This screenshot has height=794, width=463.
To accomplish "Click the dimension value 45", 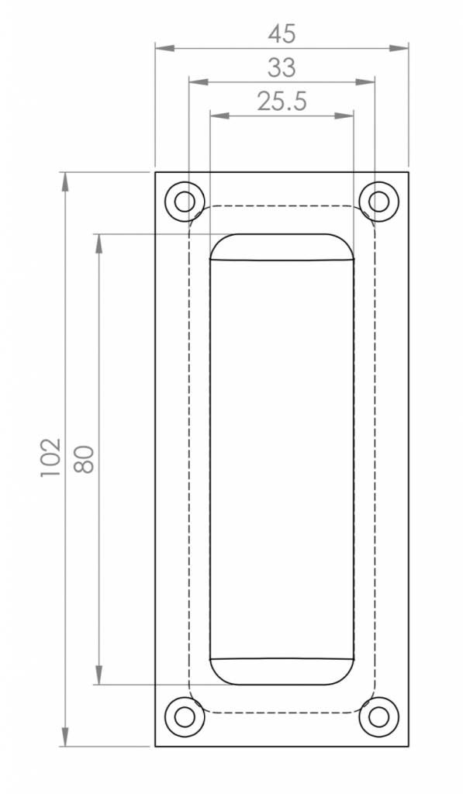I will click(282, 34).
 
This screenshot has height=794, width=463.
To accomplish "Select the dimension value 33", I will click(282, 68).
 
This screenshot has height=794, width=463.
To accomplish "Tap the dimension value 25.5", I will click(282, 102).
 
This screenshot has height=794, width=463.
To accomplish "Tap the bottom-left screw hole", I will click(184, 717).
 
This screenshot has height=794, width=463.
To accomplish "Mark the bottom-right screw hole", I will click(378, 717).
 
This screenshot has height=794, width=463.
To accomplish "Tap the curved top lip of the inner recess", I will click(282, 247).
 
